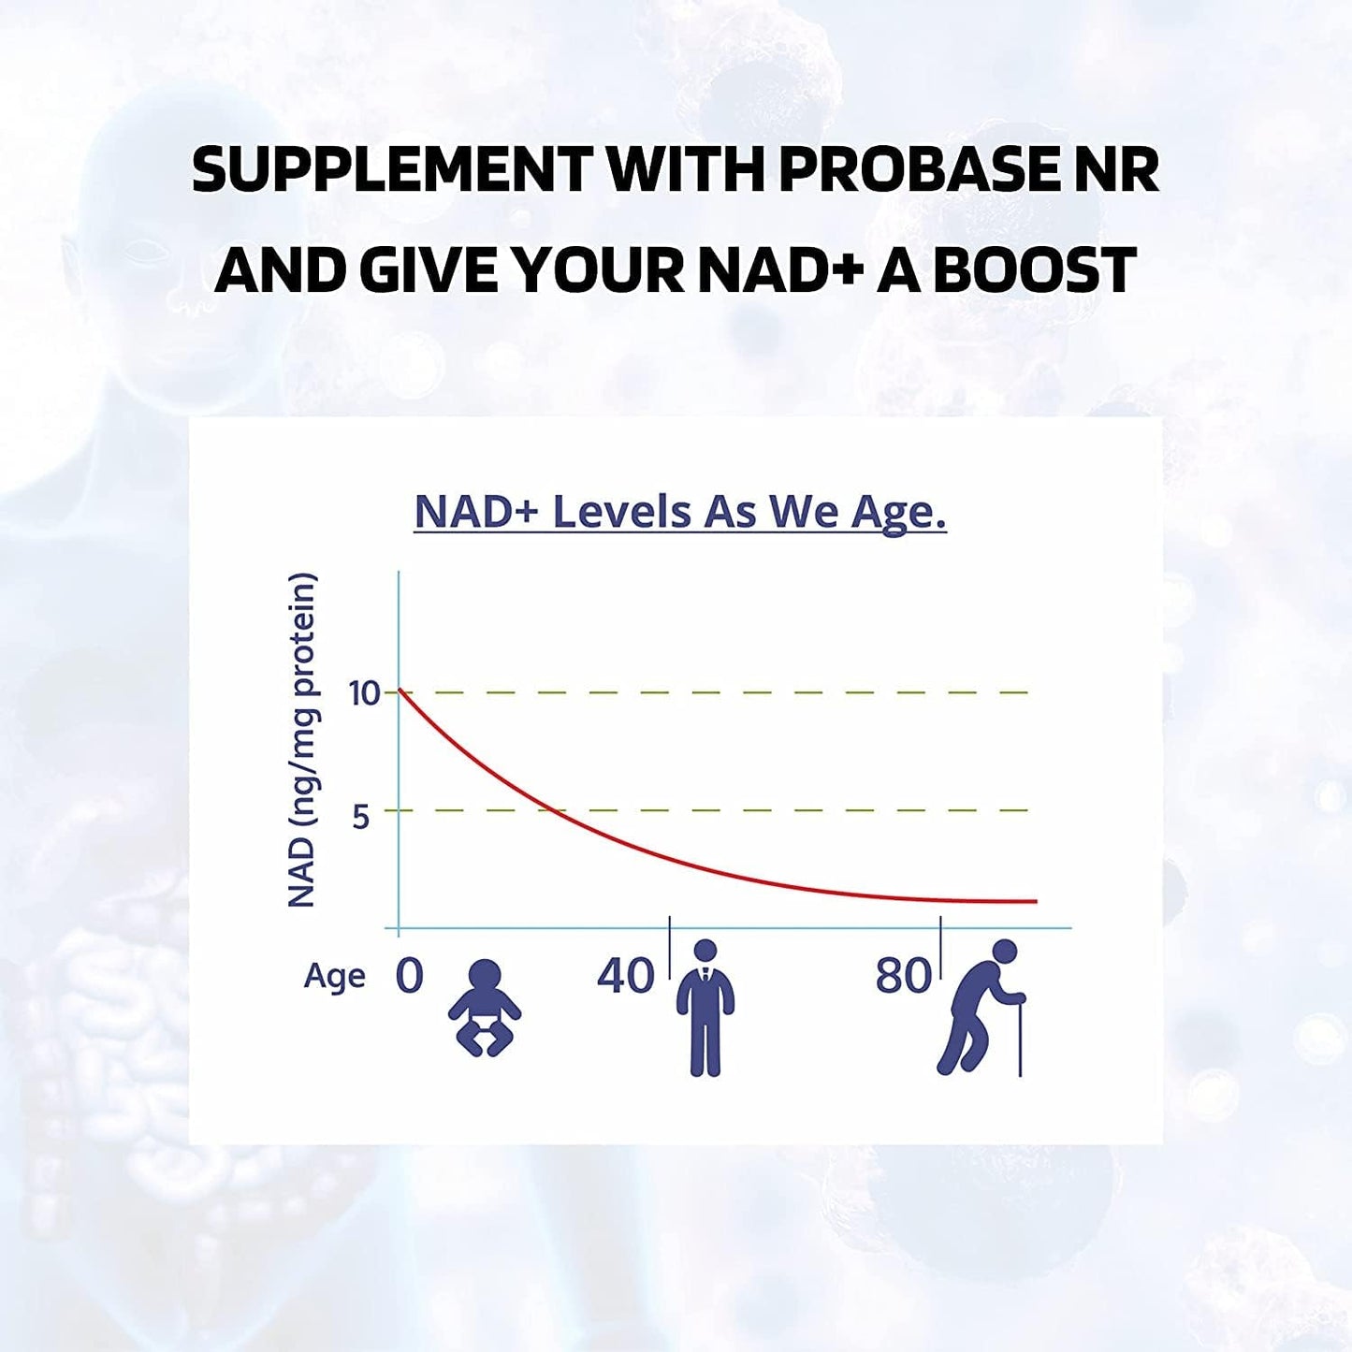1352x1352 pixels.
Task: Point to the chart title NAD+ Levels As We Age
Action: pos(680,513)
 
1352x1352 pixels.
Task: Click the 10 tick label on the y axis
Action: pos(364,694)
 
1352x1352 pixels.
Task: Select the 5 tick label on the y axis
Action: pos(361,817)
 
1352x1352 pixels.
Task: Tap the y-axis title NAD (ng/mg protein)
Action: pos(301,740)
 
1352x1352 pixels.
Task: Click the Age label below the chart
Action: pos(334,977)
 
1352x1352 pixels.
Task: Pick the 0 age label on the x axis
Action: pos(409,976)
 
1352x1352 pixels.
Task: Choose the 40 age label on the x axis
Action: pos(625,976)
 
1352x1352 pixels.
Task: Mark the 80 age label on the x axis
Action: pos(903,976)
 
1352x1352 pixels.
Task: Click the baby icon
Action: pos(484,1009)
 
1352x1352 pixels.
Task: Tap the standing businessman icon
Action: pos(705,1009)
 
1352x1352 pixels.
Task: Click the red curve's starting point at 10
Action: pos(400,691)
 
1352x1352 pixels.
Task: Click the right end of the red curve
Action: pos(1035,901)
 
